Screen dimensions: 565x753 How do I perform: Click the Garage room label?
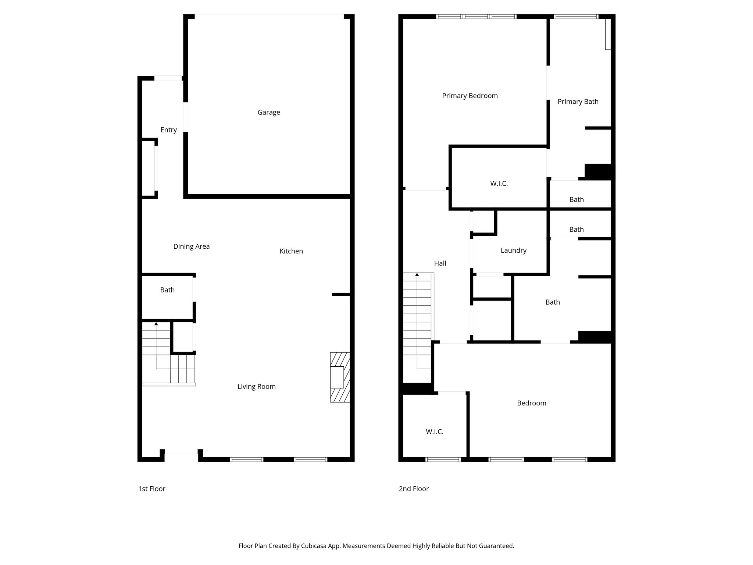[x=269, y=113]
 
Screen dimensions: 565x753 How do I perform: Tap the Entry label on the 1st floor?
[x=168, y=130]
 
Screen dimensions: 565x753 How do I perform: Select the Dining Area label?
[x=191, y=246]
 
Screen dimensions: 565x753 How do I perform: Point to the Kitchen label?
[x=291, y=251]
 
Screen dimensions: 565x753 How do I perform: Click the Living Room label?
[x=256, y=387]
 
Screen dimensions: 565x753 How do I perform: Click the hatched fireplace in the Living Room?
[x=340, y=377]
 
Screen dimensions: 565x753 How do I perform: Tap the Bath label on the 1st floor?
[x=167, y=290]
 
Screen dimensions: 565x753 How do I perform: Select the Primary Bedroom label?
[x=470, y=96]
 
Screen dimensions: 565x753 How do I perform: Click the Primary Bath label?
[x=578, y=102]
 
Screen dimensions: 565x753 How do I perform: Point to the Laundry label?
[x=513, y=250]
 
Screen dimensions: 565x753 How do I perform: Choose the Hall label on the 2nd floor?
[x=440, y=263]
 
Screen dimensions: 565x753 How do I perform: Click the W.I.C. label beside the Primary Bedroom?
[x=499, y=184]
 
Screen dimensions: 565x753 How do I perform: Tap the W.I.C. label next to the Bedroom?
[x=435, y=432]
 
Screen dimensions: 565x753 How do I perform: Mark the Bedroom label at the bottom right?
[x=531, y=403]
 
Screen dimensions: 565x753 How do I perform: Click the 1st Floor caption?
[x=152, y=489]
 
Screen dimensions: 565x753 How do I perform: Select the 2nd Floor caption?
[x=414, y=489]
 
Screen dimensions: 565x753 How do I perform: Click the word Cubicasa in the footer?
[x=315, y=546]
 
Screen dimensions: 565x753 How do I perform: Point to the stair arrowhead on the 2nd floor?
[x=417, y=274]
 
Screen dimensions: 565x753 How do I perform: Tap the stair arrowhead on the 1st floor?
[x=156, y=324]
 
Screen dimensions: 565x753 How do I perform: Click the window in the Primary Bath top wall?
[x=576, y=17]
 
